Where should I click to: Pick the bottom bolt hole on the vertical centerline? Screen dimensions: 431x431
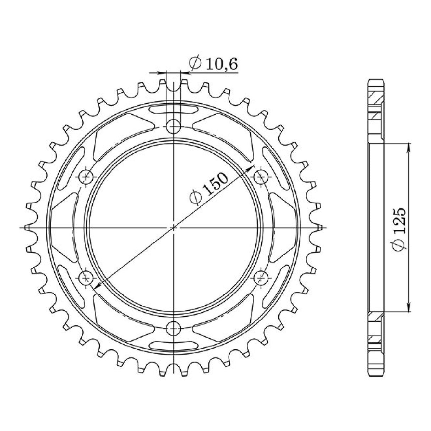[x=174, y=328]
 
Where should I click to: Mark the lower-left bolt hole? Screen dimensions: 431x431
[x=86, y=277]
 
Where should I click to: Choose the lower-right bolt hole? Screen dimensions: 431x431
[x=262, y=277]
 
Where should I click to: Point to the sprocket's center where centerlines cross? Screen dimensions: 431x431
[x=174, y=227]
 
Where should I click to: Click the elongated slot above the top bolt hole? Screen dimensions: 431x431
[x=174, y=109]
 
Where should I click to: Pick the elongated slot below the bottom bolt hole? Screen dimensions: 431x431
[x=174, y=345]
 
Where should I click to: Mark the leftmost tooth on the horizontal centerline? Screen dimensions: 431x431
[x=27, y=227]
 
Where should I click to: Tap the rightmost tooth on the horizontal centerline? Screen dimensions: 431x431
[x=320, y=227]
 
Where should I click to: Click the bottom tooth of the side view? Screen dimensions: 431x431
[x=376, y=369]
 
